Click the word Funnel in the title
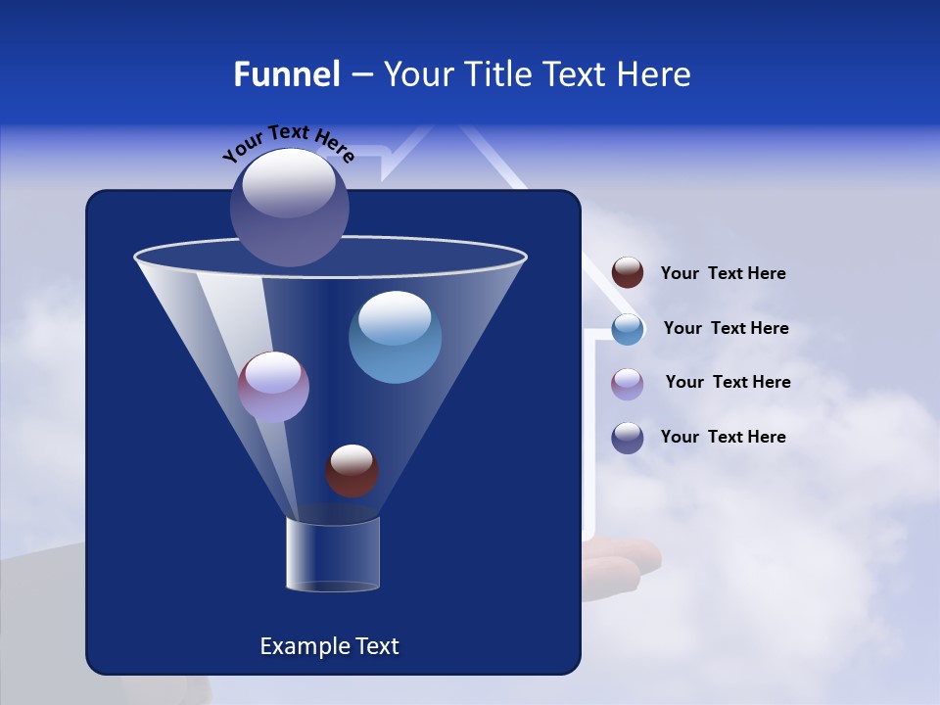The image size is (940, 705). click(287, 74)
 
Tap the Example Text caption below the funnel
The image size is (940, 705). click(330, 646)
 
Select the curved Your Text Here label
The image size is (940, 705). click(288, 143)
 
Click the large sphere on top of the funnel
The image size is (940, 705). click(290, 207)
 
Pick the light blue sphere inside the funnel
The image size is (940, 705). click(395, 337)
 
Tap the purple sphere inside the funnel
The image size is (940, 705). click(273, 387)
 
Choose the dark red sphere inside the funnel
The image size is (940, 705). click(352, 471)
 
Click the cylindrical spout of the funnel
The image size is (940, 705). click(333, 554)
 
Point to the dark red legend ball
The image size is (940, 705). click(628, 273)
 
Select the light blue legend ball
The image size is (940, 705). click(628, 329)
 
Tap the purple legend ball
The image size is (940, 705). click(628, 383)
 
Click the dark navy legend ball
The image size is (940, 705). click(628, 438)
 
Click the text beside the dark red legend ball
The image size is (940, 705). click(723, 274)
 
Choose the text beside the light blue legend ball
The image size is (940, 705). click(726, 328)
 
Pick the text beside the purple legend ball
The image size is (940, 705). click(728, 382)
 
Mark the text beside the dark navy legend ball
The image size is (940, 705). click(723, 437)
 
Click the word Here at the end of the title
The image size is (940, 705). click(655, 74)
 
